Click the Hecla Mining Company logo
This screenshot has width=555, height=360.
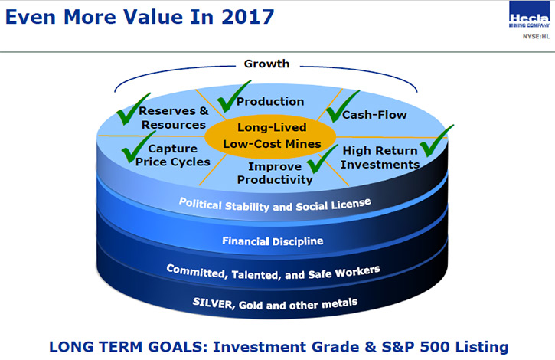(x=529, y=15)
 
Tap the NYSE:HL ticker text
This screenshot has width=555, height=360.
(x=536, y=37)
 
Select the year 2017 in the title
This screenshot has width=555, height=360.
(x=248, y=17)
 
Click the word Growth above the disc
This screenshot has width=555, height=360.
(x=266, y=64)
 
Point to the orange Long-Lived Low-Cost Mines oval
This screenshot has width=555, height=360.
(x=271, y=136)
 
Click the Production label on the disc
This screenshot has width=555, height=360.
(x=270, y=101)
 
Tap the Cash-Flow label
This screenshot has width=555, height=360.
(x=374, y=115)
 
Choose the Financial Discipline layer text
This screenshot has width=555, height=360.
(x=273, y=241)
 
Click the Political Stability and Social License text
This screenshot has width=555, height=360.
(x=275, y=205)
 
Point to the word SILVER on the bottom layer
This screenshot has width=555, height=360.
(x=212, y=303)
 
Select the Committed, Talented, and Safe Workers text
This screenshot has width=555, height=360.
(x=273, y=272)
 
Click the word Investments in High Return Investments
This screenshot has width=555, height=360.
(x=380, y=165)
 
